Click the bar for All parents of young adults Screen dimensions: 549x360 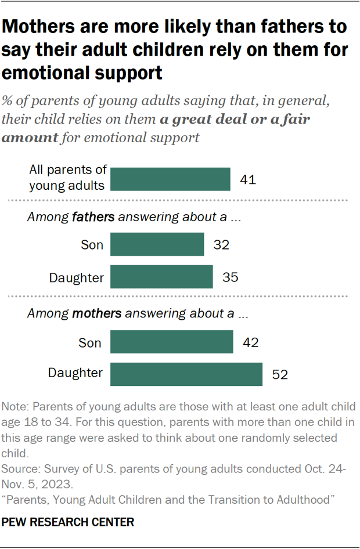click(170, 179)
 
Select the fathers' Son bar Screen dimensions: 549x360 click(157, 244)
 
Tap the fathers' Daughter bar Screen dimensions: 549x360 click(161, 277)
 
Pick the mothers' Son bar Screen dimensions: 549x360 click(171, 342)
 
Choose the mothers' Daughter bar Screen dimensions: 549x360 click(186, 374)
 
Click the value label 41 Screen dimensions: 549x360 click(248, 180)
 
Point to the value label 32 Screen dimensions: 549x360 click(221, 245)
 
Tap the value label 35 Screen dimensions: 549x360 click(230, 278)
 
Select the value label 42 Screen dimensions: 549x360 click(250, 342)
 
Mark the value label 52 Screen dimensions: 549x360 click(280, 375)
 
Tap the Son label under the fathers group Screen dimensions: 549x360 click(91, 245)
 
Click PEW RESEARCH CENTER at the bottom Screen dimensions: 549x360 click(68, 522)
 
